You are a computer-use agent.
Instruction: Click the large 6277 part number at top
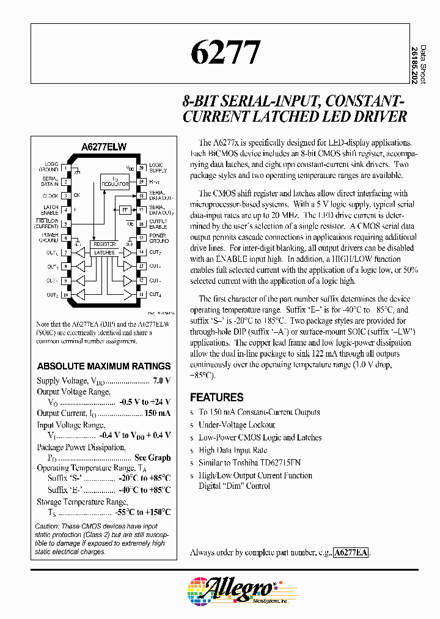[x=226, y=53]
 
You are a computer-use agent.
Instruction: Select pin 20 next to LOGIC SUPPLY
[x=141, y=167]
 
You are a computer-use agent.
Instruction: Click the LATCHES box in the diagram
[x=105, y=252]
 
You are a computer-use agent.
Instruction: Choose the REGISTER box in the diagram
[x=105, y=244]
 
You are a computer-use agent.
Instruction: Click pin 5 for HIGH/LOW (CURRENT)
[x=65, y=223]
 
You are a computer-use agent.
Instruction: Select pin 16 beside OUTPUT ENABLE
[x=141, y=223]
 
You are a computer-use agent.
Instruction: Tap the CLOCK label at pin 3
[x=50, y=196]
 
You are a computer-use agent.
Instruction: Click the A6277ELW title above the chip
[x=103, y=147]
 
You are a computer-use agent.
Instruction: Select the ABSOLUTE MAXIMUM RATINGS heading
[x=104, y=366]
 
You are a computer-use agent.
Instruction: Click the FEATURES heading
[x=216, y=397]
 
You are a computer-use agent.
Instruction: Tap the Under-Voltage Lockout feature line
[x=237, y=424]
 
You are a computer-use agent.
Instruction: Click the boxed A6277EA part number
[x=351, y=552]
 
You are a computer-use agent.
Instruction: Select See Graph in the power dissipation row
[x=152, y=457]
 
